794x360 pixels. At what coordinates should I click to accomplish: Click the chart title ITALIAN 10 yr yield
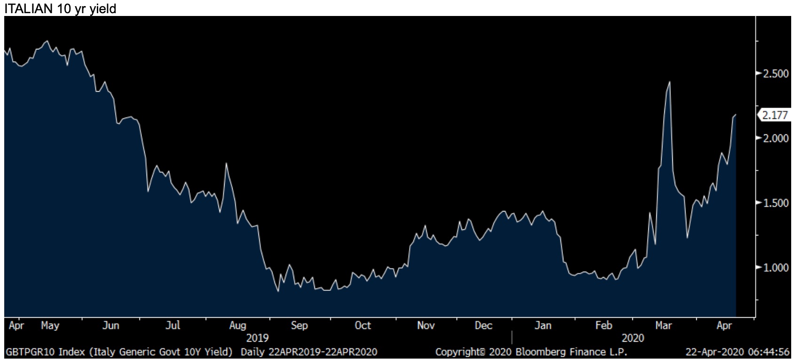60,8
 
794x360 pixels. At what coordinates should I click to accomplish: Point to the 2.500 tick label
775,74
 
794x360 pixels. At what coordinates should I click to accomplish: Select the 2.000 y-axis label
775,138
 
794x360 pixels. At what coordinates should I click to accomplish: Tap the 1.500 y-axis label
775,203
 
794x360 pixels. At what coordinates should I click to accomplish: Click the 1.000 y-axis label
775,267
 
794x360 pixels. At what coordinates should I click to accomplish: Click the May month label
50,326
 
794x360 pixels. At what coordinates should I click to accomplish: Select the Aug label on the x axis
237,326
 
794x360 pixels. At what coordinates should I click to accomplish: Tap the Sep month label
299,326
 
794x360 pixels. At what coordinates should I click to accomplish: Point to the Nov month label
426,326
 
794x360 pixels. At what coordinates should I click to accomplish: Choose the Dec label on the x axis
483,326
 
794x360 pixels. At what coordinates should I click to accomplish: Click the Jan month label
543,326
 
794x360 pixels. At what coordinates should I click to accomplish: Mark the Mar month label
663,326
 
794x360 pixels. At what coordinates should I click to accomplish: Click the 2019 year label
257,338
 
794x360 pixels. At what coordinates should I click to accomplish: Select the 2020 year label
633,338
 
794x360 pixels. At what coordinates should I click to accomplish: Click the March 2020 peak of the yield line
669,82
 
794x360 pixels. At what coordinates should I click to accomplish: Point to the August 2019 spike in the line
226,164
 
